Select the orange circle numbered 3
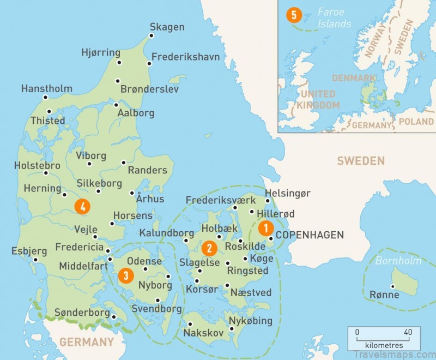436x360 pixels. click(x=126, y=275)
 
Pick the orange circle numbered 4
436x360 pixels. click(x=82, y=206)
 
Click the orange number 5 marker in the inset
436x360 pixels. click(x=294, y=15)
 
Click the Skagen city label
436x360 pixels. click(x=167, y=27)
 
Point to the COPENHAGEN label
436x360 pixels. click(x=310, y=235)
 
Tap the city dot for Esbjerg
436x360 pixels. click(x=36, y=260)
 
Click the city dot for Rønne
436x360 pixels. click(x=392, y=286)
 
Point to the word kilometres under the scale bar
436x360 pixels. click(x=384, y=345)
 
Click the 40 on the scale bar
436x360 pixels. click(x=407, y=332)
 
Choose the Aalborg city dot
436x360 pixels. click(x=116, y=105)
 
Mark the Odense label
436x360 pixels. click(x=144, y=261)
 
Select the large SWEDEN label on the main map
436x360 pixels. click(x=360, y=161)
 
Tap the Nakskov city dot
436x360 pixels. click(x=190, y=324)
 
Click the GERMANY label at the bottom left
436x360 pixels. click(x=87, y=343)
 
